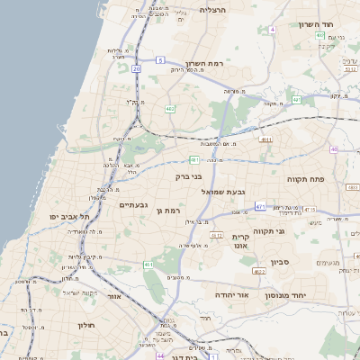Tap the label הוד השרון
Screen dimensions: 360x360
click(x=316, y=24)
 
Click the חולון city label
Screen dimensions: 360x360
click(x=85, y=324)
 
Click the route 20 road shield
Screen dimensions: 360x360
click(x=136, y=68)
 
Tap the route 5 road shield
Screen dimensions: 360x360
click(x=160, y=60)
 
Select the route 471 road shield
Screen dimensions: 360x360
click(x=260, y=207)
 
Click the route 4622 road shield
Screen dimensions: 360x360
click(x=259, y=271)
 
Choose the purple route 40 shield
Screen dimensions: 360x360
click(x=334, y=149)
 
